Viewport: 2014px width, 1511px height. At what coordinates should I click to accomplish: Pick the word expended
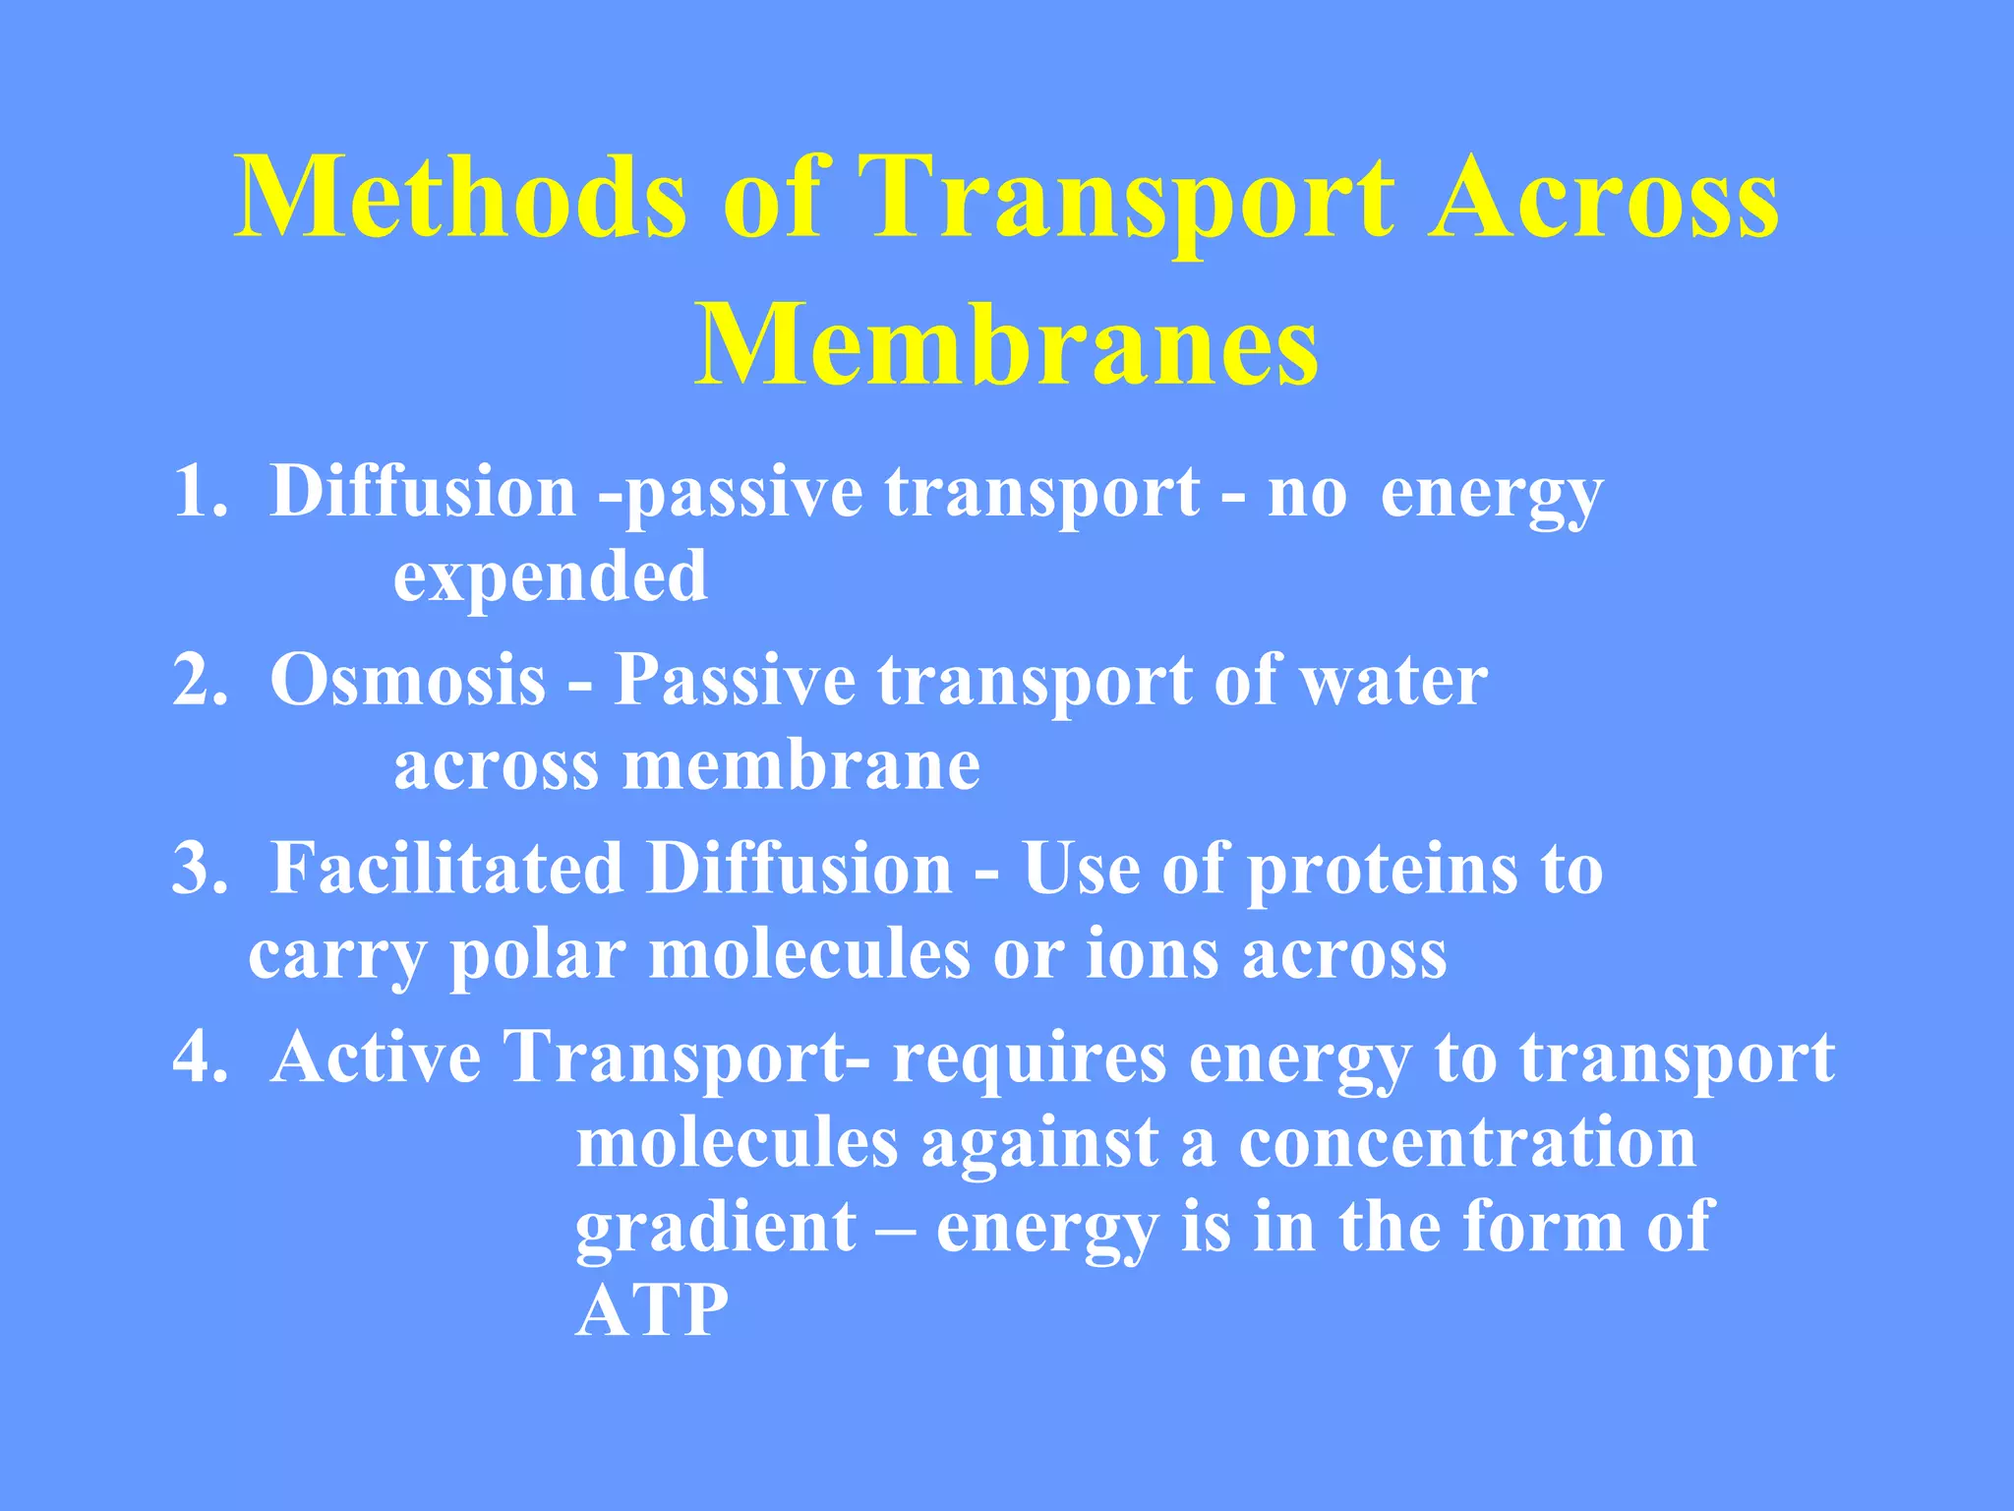(x=550, y=577)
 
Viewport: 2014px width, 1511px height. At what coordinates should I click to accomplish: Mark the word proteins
(x=1383, y=870)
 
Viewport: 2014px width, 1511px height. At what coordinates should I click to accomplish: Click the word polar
(x=538, y=955)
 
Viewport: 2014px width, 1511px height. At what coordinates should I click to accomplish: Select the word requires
(x=1029, y=1059)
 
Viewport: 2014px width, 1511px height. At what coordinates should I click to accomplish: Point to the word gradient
(x=715, y=1229)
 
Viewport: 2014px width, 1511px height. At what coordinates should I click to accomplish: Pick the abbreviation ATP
(x=651, y=1311)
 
